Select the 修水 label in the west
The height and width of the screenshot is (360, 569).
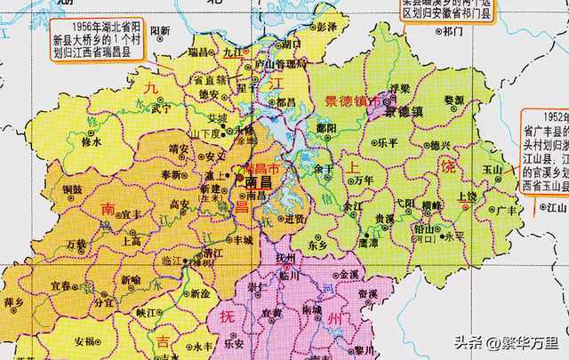92,140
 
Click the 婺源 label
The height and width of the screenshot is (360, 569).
454,100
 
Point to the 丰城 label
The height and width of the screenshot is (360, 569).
242,239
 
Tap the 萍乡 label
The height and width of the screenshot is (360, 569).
14,303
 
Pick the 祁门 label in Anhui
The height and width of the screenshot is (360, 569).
453,31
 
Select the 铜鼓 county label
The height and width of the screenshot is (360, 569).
72,188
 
